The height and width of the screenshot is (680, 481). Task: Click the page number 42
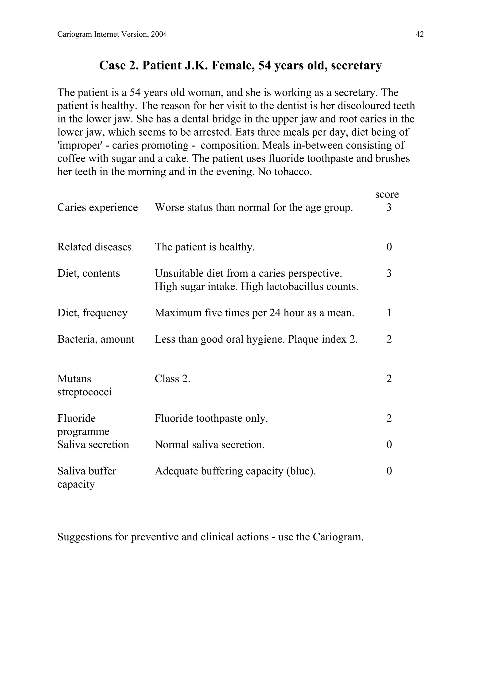(419, 34)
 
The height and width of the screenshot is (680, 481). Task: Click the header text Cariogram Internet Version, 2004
(112, 34)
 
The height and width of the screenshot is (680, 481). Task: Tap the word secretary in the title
(356, 65)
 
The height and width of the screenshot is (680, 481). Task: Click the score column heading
(387, 194)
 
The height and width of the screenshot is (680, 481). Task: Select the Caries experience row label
(97, 207)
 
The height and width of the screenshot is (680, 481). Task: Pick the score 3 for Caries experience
(389, 207)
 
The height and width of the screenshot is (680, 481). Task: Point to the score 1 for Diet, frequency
(389, 313)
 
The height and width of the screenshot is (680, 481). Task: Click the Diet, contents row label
(89, 273)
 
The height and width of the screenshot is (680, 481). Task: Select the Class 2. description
(172, 378)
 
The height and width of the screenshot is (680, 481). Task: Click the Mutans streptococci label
(85, 385)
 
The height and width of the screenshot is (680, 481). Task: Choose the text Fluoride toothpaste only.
(211, 418)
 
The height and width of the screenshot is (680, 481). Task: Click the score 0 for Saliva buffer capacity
(389, 471)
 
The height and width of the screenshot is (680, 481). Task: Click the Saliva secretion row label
(93, 445)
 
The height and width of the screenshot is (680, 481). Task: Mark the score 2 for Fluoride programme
(389, 418)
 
